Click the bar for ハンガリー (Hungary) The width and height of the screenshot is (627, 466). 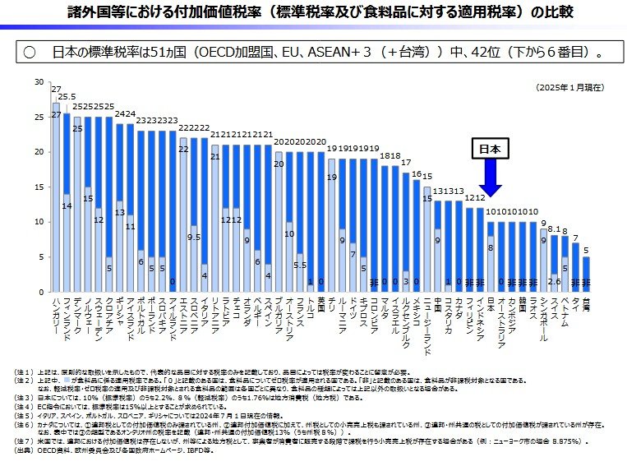56,197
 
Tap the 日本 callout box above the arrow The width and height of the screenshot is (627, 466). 491,150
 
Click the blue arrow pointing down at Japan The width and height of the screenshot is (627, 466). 491,177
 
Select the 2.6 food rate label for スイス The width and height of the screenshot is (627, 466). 555,281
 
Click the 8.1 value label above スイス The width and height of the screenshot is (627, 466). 554,230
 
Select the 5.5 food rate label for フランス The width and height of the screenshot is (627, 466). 301,265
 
